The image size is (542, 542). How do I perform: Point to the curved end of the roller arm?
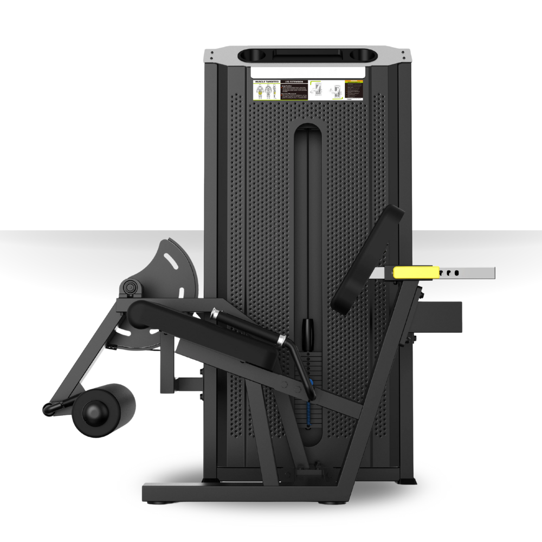point(49,408)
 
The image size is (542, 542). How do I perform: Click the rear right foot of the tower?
point(406,480)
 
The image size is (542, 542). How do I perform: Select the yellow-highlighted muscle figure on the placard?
point(265,92)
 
